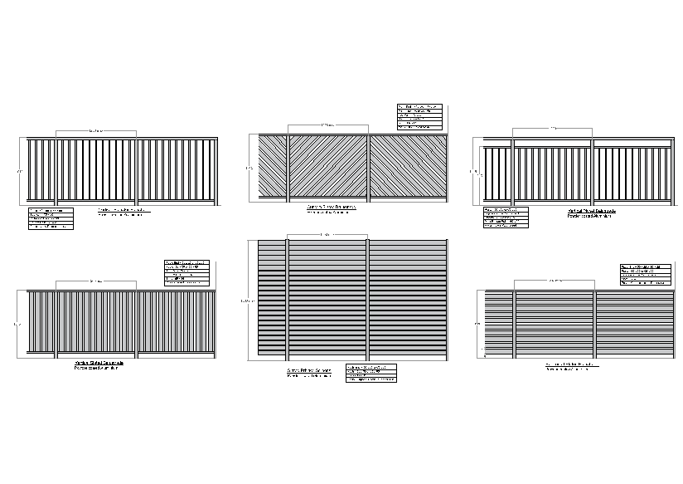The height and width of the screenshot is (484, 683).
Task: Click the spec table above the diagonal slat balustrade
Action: pyautogui.click(x=419, y=117)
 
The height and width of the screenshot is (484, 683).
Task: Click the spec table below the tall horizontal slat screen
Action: pyautogui.click(x=371, y=374)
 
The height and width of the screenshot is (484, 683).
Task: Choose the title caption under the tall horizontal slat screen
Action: pyautogui.click(x=309, y=373)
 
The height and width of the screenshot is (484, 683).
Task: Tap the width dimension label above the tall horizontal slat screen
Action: pyautogui.click(x=327, y=235)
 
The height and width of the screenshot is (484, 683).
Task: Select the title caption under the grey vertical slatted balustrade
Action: pyautogui.click(x=99, y=365)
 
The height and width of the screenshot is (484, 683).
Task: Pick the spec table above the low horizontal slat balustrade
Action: pyautogui.click(x=644, y=275)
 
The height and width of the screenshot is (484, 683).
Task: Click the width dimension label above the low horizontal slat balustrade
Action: pyautogui.click(x=553, y=281)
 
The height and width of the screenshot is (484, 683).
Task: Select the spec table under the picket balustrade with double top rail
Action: pyautogui.click(x=505, y=218)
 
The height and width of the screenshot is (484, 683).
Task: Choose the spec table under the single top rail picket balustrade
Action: pyautogui.click(x=51, y=218)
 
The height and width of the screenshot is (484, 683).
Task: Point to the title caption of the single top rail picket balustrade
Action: pyautogui.click(x=124, y=213)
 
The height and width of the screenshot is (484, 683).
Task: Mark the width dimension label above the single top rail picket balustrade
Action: pyautogui.click(x=96, y=130)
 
